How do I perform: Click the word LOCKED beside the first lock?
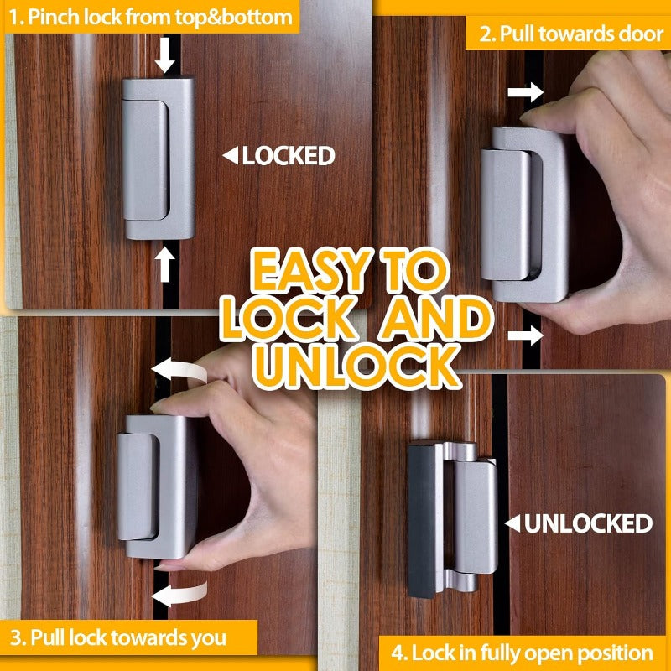point(289,155)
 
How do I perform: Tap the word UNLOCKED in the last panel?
point(588,524)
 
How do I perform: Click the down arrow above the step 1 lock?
point(166,56)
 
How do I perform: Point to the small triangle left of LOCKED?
point(229,155)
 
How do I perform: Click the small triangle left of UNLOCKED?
point(511,524)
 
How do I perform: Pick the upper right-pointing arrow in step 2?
point(526,92)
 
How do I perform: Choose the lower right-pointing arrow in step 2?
point(526,336)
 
